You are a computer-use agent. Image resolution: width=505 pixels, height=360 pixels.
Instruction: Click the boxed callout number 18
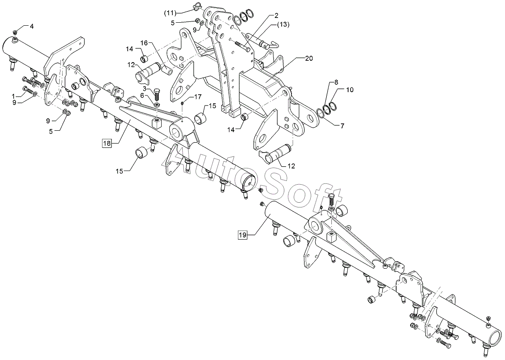coord(107,143)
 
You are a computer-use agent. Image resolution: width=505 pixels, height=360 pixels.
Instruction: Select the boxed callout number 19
coord(243,235)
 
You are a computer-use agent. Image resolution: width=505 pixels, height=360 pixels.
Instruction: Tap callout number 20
coord(309,58)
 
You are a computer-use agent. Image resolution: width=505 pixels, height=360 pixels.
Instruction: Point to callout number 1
coord(13,96)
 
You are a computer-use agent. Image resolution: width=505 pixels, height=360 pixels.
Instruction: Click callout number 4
coord(32,27)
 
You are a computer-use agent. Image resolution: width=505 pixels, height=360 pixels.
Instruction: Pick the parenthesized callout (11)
coord(170,13)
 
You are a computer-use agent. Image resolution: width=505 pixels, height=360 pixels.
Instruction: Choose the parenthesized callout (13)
coord(283,24)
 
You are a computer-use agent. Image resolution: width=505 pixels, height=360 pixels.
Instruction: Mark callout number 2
coord(277,15)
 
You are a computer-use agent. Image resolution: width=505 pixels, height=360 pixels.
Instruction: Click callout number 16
coord(144,43)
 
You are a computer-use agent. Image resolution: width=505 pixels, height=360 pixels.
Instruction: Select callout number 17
coord(198,96)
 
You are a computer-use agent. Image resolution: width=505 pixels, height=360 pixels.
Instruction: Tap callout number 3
coord(144,88)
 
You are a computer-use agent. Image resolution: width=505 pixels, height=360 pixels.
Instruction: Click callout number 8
coord(336,82)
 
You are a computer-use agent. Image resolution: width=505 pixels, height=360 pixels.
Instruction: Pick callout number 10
coord(350,90)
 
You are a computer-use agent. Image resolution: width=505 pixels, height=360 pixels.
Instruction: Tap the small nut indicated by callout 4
coord(15,32)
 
